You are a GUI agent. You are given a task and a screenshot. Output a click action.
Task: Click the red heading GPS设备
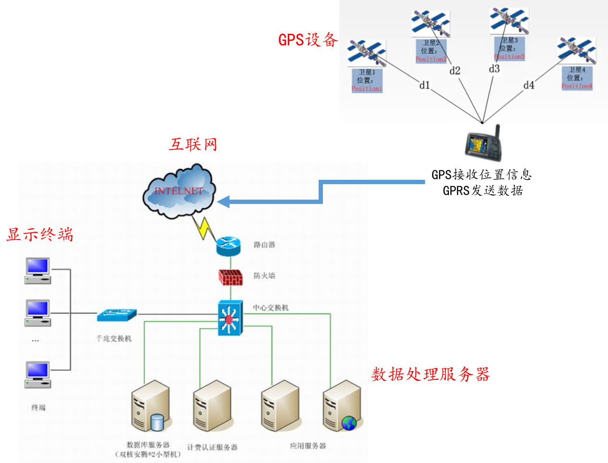308,40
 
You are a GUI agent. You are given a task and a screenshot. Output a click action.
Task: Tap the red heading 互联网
193,144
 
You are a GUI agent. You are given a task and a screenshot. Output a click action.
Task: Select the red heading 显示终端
39,235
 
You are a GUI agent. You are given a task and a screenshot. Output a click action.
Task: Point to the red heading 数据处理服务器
430,374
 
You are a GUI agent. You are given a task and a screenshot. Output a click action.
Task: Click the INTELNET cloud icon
179,191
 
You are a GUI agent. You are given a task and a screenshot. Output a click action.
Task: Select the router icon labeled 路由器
228,246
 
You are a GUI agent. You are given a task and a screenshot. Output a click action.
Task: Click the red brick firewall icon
230,277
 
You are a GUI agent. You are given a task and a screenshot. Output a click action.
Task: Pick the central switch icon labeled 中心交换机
230,318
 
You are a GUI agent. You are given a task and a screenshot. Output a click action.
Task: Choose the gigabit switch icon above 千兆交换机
117,315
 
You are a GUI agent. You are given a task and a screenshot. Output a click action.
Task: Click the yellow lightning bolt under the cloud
204,227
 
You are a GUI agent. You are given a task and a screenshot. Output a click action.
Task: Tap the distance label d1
424,85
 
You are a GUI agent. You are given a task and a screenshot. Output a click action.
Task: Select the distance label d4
529,85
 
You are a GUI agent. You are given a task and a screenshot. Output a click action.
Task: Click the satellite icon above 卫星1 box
367,53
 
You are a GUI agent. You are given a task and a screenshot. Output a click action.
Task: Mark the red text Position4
577,86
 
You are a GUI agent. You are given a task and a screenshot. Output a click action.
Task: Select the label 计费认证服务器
212,447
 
